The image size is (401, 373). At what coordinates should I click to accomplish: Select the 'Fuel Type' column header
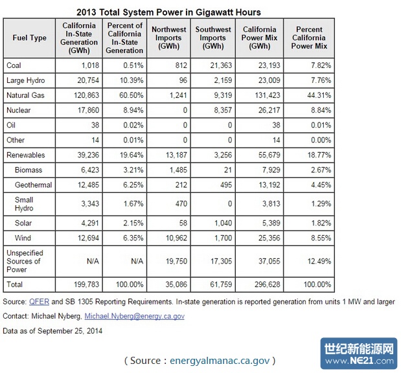pyautogui.click(x=29, y=38)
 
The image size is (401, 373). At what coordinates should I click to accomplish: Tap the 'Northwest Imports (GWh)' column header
pyautogui.click(x=168, y=38)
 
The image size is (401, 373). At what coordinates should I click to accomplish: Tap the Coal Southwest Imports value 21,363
pyautogui.click(x=217, y=65)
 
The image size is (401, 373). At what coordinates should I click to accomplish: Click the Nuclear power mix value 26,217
pyautogui.click(x=259, y=110)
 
